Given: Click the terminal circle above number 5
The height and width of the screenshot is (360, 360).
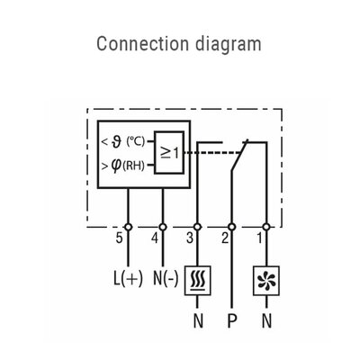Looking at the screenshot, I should (x=127, y=226).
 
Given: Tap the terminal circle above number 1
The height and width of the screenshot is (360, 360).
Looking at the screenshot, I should (x=267, y=226).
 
